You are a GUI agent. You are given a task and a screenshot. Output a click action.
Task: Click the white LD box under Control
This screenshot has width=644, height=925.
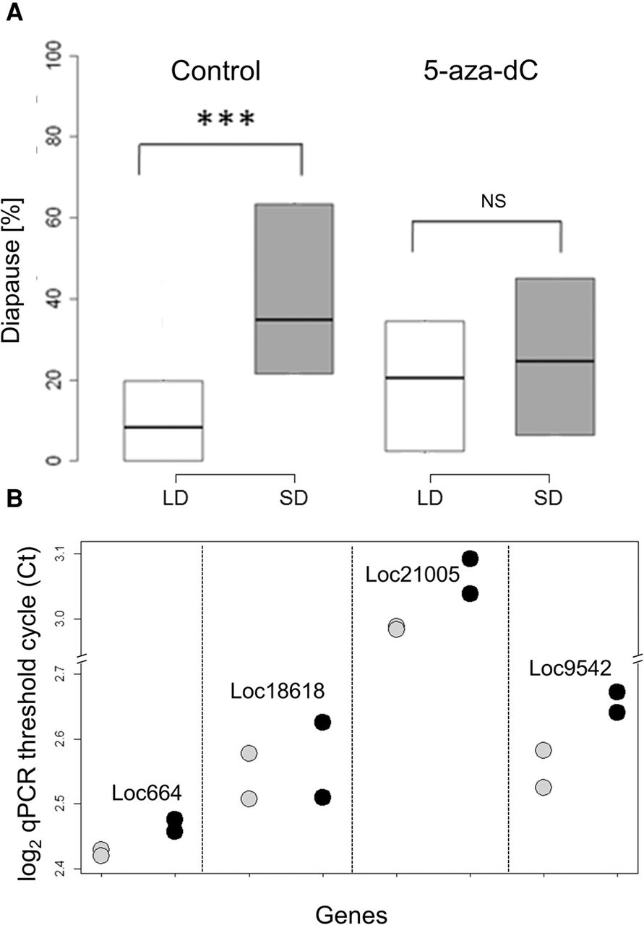click(x=163, y=421)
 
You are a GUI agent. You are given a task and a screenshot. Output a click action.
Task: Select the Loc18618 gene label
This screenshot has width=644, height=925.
click(x=279, y=692)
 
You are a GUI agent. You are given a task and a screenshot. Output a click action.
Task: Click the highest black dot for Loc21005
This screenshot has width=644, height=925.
click(x=471, y=559)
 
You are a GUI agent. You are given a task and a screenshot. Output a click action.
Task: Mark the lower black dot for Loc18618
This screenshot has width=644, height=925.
click(x=323, y=797)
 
